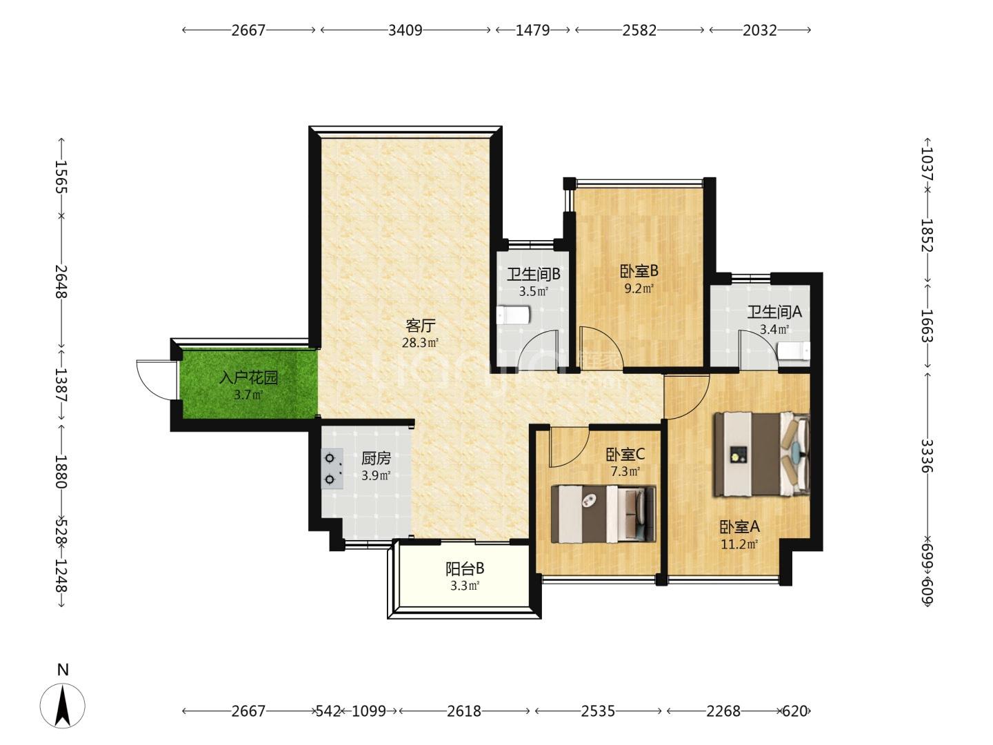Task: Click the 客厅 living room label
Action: pos(420,325)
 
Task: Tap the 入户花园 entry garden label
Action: pos(248,377)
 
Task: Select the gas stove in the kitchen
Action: pos(332,468)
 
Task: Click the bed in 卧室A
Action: pos(761,454)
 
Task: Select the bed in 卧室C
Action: pos(603,514)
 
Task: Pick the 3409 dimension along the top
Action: pos(405,30)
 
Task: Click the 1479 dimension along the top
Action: pos(533,30)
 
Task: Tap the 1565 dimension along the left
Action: pos(61,177)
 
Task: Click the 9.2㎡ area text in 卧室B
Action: pos(639,288)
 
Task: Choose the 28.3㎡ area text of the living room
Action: pos(420,343)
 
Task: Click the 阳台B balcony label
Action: pos(465,568)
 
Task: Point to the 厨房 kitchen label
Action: pos(376,459)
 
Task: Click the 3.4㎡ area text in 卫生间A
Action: pos(774,329)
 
